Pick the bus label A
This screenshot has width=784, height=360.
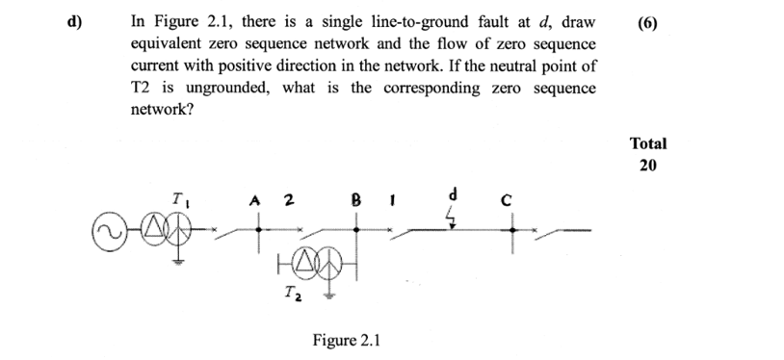254,201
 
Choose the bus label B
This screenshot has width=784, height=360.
356,201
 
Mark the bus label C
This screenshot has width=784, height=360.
512,201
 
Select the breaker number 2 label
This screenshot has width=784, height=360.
288,201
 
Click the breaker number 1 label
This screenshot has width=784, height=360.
392,201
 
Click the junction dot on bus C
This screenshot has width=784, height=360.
512,230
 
